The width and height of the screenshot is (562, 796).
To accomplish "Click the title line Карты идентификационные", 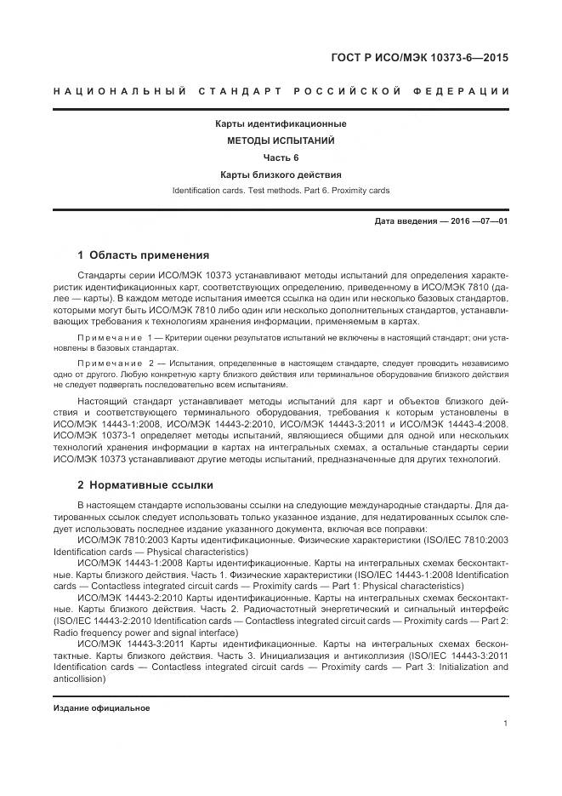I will click(x=280, y=124).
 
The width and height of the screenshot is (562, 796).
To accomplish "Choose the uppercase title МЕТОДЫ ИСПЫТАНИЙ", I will click(x=280, y=140).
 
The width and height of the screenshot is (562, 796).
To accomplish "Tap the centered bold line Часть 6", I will click(x=280, y=157).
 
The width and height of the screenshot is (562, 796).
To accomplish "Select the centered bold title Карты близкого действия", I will click(x=280, y=175).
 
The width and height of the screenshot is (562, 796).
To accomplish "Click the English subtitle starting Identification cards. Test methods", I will click(x=280, y=191).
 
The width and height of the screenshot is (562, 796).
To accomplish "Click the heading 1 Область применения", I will click(x=143, y=255).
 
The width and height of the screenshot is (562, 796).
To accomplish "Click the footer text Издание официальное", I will click(x=101, y=708).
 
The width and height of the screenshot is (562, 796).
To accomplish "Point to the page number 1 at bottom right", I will click(x=505, y=724).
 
